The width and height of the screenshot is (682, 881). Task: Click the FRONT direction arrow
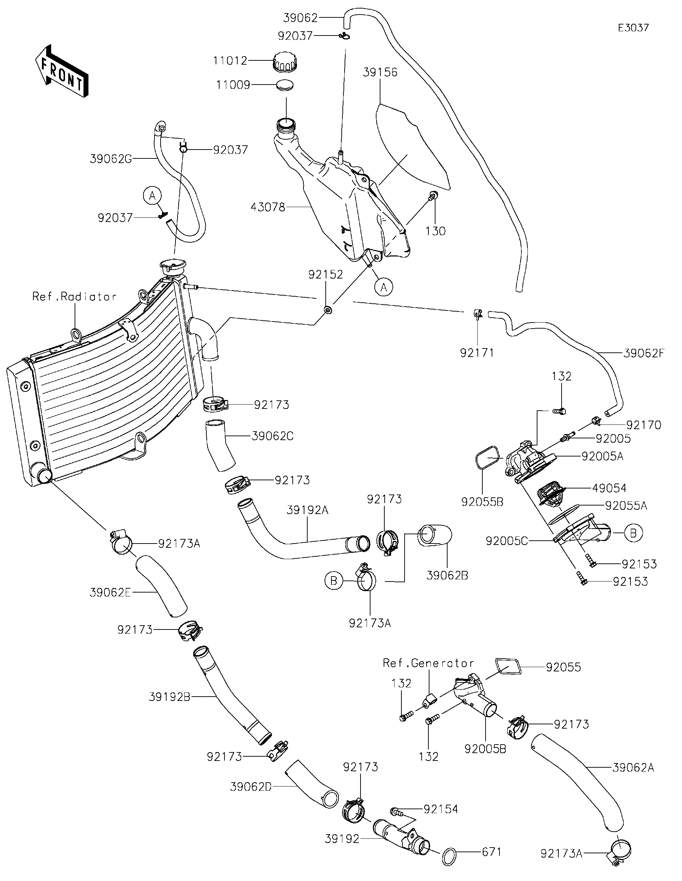(x=61, y=71)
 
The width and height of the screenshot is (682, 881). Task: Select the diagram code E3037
(x=633, y=28)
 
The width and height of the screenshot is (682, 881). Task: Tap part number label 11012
(x=230, y=61)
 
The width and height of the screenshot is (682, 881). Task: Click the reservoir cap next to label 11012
(x=286, y=63)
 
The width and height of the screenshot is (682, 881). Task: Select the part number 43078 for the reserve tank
(x=268, y=207)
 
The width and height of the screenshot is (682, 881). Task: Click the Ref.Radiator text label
(x=75, y=297)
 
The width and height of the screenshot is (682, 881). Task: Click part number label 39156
(x=380, y=72)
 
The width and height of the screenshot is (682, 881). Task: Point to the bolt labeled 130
(x=433, y=196)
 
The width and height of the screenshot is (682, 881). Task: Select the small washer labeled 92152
(x=328, y=310)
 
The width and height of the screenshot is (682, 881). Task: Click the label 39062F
(x=643, y=353)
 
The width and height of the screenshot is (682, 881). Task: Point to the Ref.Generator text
(x=428, y=663)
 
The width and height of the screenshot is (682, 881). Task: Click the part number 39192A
(x=307, y=510)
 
